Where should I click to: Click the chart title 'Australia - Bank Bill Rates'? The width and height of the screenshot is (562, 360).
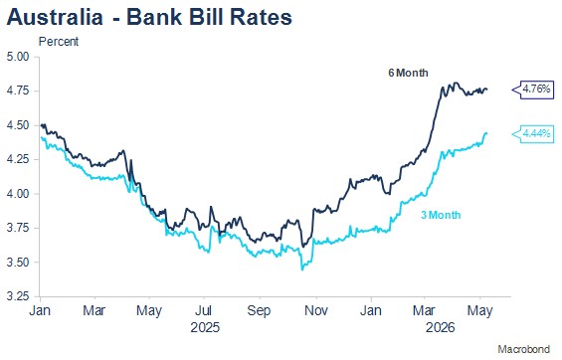[x=149, y=17]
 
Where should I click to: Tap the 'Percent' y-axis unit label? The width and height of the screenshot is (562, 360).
[x=59, y=42]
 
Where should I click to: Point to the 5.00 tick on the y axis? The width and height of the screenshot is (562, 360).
[x=18, y=57]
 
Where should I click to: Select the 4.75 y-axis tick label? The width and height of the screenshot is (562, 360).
[x=18, y=90]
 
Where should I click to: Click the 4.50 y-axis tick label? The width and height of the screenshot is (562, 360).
[x=18, y=125]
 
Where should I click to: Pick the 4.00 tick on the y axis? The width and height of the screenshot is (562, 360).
[x=18, y=194]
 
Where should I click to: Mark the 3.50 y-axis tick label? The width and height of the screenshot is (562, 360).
[x=18, y=263]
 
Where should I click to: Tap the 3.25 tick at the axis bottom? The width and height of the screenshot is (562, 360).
[x=18, y=296]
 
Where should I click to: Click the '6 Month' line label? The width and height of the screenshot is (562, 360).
[x=408, y=73]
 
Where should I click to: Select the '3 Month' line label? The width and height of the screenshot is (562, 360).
[x=441, y=215]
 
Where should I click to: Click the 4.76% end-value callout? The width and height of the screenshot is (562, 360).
[x=533, y=89]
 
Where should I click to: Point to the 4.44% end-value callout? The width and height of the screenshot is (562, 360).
[x=533, y=133]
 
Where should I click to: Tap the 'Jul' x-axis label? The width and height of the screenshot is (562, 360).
[x=204, y=310]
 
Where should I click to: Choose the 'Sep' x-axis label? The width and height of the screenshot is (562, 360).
[x=259, y=310]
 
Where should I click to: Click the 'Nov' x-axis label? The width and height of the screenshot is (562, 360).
[x=316, y=310]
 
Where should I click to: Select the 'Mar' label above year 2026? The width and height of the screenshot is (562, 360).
[x=424, y=310]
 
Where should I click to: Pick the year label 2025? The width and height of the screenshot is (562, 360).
[x=205, y=327]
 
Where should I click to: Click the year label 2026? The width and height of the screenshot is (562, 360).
[x=440, y=327]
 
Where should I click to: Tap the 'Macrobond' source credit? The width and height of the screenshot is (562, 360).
[x=523, y=349]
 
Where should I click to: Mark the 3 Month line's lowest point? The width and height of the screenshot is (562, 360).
[x=302, y=270]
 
